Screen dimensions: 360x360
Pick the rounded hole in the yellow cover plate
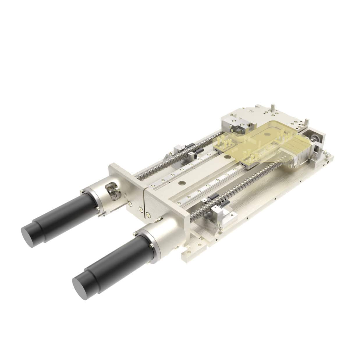[x=266, y=134]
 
